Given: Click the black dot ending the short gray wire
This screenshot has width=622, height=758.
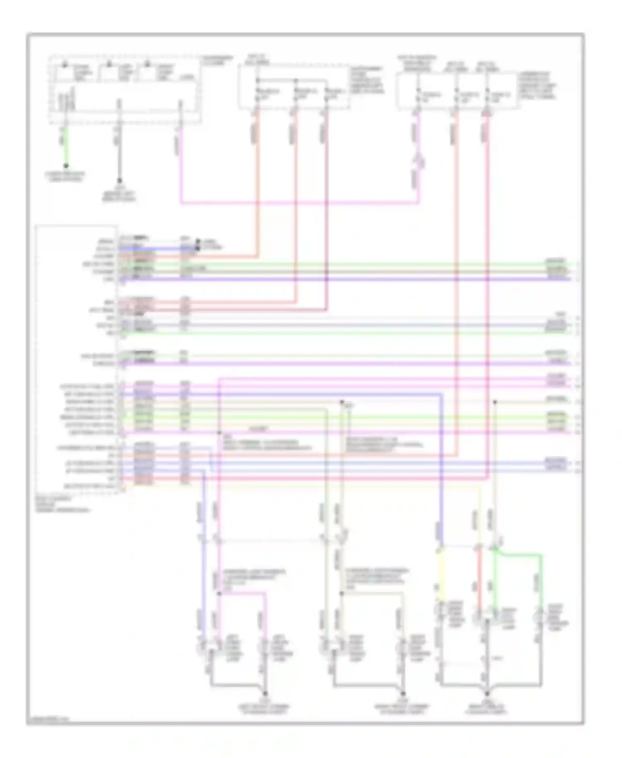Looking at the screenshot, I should point(119,181).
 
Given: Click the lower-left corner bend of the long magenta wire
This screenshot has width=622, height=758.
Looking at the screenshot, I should point(181,203).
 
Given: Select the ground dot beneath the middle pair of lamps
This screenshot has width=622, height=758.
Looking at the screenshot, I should point(402,693).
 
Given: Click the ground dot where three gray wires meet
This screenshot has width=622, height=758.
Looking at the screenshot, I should point(487,693).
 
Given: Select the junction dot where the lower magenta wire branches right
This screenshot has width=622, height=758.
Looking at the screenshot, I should point(219,593).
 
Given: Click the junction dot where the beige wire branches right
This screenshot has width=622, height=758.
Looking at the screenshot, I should point(342,593).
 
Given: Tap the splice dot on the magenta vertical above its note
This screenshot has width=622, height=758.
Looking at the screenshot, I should point(219,432).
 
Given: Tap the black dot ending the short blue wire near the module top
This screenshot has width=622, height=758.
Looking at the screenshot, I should point(197,248).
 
